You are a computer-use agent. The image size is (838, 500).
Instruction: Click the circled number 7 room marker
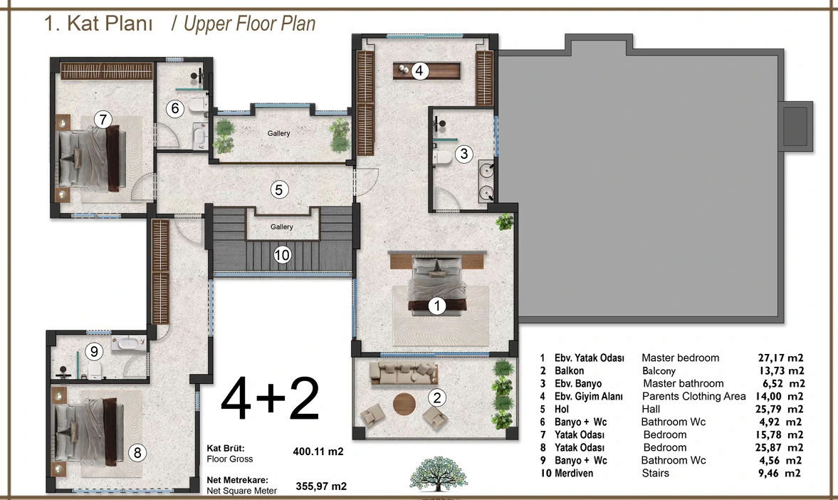[103, 119]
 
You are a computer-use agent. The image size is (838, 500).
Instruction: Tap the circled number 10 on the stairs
[282, 254]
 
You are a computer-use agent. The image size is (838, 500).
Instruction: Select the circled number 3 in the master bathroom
[464, 154]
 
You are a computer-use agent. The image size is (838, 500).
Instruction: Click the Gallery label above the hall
[279, 133]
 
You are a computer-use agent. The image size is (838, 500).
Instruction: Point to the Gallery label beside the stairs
[282, 226]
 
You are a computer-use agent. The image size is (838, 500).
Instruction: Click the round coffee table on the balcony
[404, 404]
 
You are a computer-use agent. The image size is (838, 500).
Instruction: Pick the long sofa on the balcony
[404, 373]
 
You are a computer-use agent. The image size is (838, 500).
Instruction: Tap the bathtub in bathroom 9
[129, 343]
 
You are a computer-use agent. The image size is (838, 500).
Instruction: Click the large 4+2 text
[271, 399]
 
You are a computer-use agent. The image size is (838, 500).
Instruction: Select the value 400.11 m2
[318, 452]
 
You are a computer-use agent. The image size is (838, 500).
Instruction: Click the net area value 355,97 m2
[321, 486]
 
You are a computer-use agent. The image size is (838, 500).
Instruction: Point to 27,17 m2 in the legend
[780, 358]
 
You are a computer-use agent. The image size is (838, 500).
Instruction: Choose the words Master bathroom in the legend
[683, 383]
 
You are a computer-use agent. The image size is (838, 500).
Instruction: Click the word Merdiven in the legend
[573, 473]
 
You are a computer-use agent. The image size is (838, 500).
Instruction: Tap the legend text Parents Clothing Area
[693, 396]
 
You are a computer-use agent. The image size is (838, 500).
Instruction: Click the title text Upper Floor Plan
[250, 24]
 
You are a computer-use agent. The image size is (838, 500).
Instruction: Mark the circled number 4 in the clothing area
[419, 71]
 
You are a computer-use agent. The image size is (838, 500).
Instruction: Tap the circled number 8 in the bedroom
[137, 453]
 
